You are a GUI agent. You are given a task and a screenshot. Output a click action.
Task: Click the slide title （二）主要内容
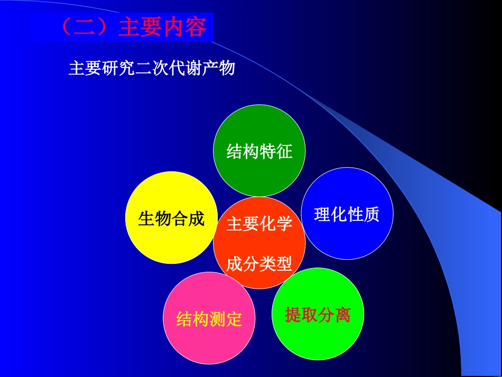(x=134, y=27)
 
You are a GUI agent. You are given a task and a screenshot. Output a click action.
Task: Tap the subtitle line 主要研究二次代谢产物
(x=152, y=69)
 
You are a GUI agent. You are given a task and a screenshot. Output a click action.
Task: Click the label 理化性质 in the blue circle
(x=347, y=214)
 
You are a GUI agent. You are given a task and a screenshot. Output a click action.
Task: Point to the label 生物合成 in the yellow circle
(x=171, y=218)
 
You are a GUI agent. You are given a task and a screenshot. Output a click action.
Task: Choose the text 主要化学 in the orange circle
(x=259, y=224)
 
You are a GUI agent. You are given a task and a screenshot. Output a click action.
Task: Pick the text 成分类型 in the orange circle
(x=259, y=264)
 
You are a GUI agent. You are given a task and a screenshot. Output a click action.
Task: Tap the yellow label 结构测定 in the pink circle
(x=209, y=319)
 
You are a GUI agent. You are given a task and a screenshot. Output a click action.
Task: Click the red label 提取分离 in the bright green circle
(x=317, y=315)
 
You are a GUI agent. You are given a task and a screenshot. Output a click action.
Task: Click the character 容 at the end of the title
(x=196, y=27)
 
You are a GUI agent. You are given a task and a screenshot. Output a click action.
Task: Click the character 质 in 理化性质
(x=371, y=214)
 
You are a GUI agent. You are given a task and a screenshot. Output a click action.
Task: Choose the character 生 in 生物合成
(x=146, y=218)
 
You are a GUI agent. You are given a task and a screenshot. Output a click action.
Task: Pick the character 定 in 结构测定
(x=234, y=319)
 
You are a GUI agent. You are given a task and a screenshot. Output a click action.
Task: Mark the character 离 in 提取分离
(x=342, y=315)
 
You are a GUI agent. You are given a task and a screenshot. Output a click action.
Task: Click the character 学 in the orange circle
(x=284, y=224)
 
